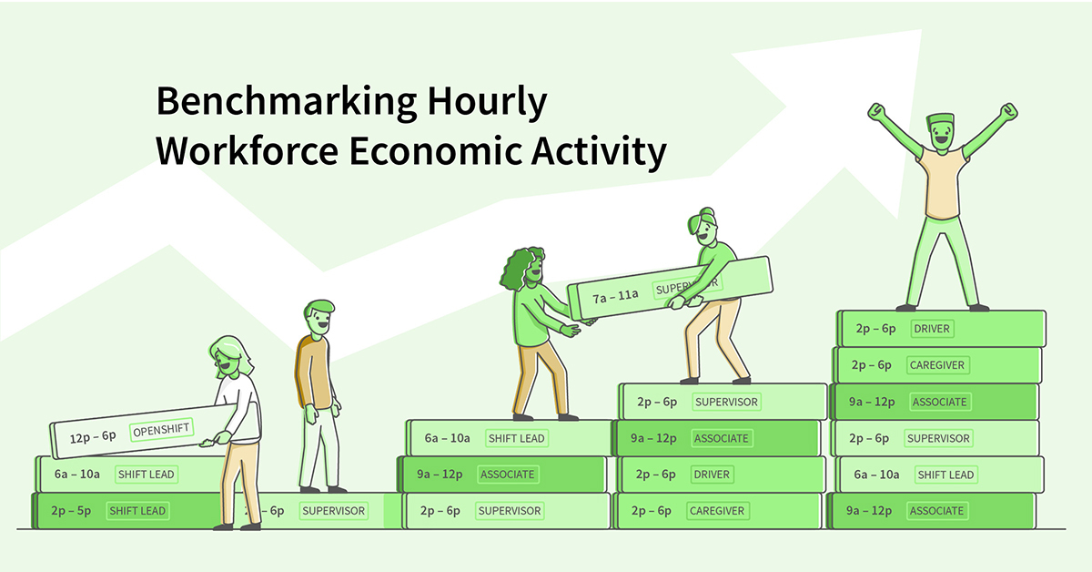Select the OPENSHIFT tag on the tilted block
coord(162,431)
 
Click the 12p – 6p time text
coord(93,437)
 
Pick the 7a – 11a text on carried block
coord(616,294)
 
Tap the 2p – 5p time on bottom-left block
coord(71,511)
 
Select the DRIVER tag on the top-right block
coord(932,329)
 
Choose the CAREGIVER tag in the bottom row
coord(719,511)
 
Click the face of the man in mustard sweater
coord(319,320)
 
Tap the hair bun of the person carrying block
coord(707,215)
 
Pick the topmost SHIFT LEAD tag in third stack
coord(516,438)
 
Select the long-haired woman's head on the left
coord(227,356)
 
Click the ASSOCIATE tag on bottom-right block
coord(936,511)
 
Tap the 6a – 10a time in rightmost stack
coord(876,475)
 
